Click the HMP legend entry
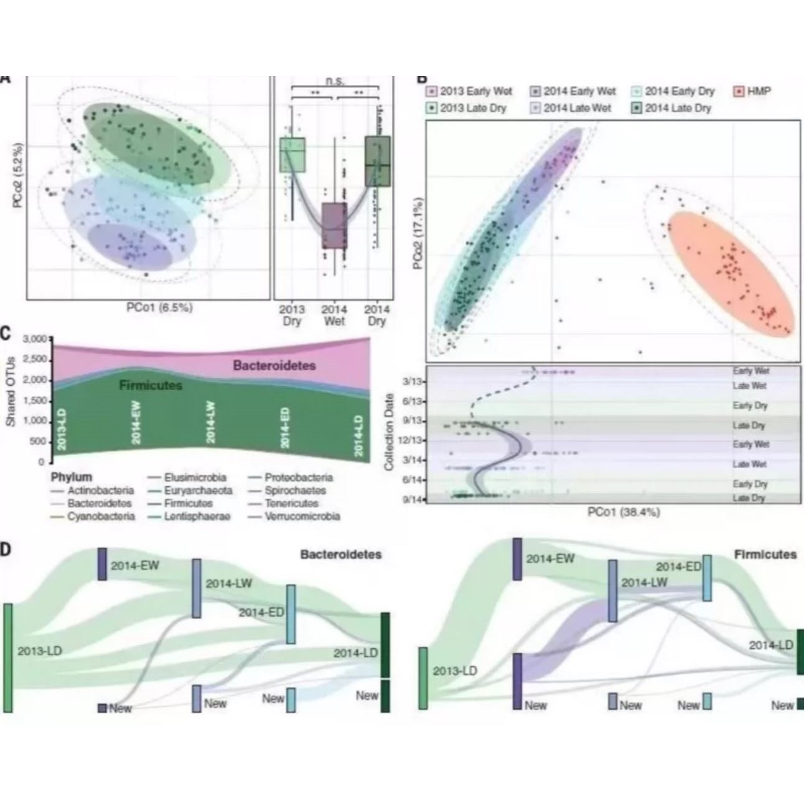[753, 91]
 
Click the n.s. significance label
[334, 81]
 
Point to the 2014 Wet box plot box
[334, 225]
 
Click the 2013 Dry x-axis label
[292, 315]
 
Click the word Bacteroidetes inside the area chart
[274, 365]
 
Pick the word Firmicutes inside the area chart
[151, 386]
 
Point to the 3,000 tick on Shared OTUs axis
[35, 339]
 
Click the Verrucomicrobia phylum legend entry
[294, 516]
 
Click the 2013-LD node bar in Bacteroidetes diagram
[7, 657]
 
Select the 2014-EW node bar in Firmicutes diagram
[517, 559]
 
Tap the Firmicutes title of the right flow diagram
[765, 554]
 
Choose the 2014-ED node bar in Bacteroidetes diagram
[291, 614]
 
